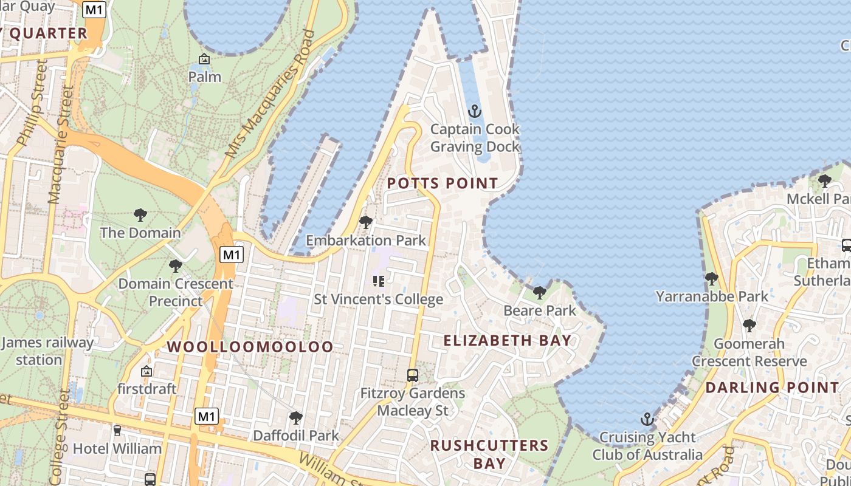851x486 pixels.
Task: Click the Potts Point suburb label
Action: point(442,183)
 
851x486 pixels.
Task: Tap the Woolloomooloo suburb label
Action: point(250,347)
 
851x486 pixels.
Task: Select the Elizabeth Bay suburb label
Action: point(508,340)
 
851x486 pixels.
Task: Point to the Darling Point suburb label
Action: point(772,387)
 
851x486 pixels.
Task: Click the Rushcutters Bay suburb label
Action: point(489,454)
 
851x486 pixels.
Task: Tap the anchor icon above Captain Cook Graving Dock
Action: point(475,111)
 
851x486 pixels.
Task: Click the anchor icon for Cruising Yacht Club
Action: point(647,419)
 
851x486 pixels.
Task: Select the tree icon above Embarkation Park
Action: point(366,222)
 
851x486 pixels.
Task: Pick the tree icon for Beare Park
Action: point(539,293)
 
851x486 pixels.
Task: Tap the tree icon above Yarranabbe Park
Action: point(712,279)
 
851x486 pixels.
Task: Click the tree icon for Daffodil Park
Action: point(296,417)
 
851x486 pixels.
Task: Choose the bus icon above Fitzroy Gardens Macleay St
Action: point(413,375)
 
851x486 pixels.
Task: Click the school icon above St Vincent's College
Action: point(378,281)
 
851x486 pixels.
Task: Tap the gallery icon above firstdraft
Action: point(146,371)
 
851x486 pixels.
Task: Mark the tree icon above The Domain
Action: point(140,214)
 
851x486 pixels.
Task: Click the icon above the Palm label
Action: point(204,59)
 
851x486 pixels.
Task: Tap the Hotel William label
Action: point(117,448)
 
